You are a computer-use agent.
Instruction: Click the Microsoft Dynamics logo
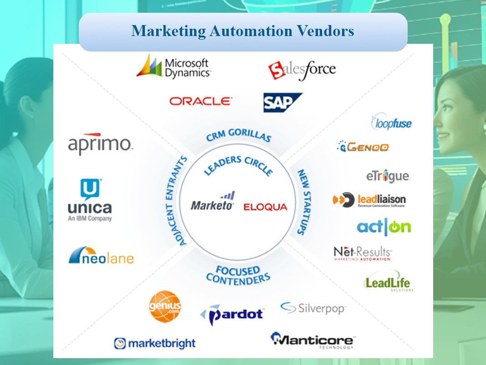174,67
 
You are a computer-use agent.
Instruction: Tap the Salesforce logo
302,70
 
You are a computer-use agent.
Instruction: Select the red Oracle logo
200,101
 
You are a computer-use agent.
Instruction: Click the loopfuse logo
391,122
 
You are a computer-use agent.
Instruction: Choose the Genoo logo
363,146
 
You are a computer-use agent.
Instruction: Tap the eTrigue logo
388,176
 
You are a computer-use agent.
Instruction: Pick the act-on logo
384,227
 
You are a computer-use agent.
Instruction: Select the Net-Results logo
362,253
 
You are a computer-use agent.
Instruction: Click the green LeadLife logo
389,281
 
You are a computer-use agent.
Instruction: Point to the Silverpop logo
313,308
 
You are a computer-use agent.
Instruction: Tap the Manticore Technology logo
313,340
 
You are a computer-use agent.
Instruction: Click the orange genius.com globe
165,306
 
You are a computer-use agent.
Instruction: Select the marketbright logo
155,343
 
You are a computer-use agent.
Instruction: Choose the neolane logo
101,255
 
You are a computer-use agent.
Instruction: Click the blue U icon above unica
91,189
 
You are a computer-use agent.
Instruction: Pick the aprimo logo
100,144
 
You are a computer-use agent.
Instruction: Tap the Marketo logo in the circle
213,201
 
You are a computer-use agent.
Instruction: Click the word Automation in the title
251,31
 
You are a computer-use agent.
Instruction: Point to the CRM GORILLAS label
239,135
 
